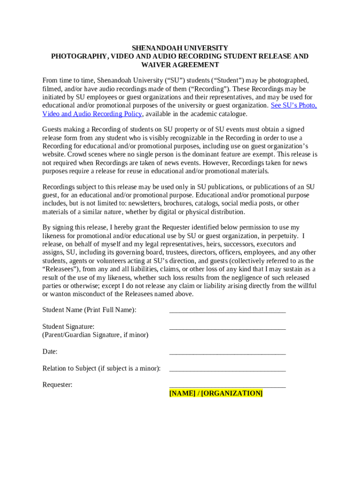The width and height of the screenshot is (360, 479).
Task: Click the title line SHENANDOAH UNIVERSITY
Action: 180,48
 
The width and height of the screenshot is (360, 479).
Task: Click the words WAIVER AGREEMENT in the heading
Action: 180,65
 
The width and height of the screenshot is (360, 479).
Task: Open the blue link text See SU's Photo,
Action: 294,106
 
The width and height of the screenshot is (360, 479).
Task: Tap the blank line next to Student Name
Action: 227,311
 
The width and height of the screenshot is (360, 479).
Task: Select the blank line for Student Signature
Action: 227,327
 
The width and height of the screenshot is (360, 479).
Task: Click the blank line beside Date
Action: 227,352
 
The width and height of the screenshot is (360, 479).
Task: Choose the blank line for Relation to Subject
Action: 227,369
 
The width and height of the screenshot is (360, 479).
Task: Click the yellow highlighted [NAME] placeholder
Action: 182,393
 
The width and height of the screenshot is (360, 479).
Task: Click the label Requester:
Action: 58,385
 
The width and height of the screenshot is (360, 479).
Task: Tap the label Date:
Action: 50,352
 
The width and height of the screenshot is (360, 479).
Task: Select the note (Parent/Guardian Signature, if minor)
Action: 95,335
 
